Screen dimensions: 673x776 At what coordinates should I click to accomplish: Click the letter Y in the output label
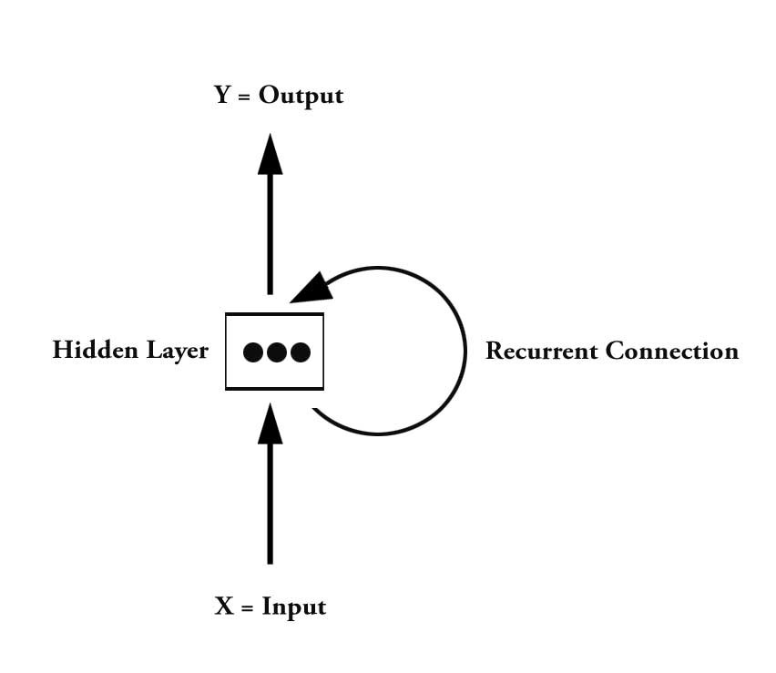pyautogui.click(x=223, y=96)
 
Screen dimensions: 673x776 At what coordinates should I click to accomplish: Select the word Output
pyautogui.click(x=301, y=96)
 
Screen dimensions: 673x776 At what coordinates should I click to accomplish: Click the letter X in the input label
pyautogui.click(x=224, y=607)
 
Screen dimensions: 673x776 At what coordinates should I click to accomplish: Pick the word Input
pyautogui.click(x=294, y=607)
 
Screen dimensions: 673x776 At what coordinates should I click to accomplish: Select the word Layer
pyautogui.click(x=176, y=352)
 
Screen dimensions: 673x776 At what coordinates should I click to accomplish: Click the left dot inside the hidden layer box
pyautogui.click(x=254, y=352)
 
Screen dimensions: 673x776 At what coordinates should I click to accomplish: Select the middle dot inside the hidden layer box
pyautogui.click(x=277, y=352)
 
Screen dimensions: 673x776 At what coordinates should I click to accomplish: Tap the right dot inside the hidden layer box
pyautogui.click(x=300, y=352)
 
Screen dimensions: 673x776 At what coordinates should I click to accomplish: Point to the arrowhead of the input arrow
pyautogui.click(x=270, y=423)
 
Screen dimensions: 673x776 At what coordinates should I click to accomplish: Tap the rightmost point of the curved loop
pyautogui.click(x=465, y=352)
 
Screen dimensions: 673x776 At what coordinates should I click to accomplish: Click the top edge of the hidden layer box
pyautogui.click(x=274, y=314)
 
